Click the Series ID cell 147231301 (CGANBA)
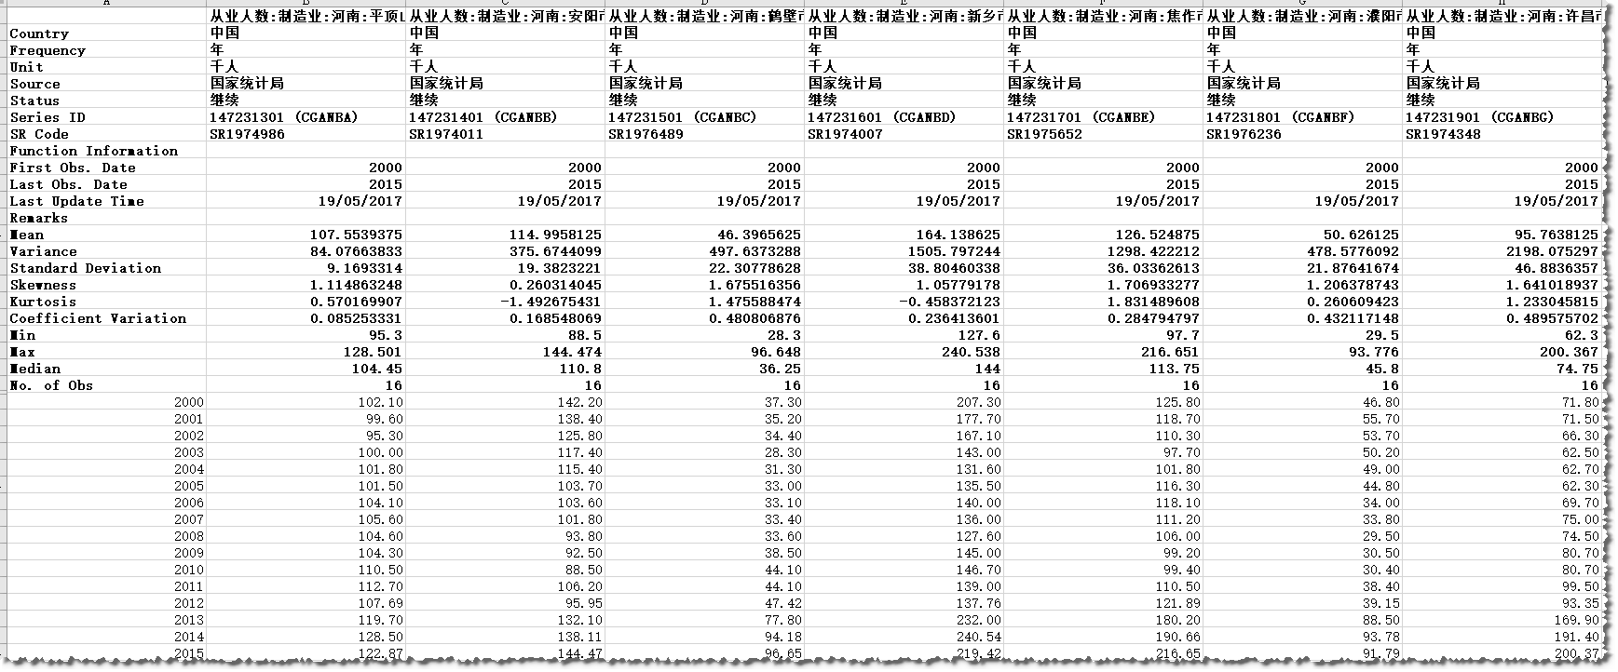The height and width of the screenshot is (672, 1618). (283, 117)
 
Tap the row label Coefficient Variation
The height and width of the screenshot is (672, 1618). (98, 318)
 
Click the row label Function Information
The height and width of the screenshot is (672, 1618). (93, 151)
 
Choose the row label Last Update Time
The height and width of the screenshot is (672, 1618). (76, 201)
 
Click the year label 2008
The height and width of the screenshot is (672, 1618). (188, 536)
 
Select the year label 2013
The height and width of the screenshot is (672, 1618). (188, 620)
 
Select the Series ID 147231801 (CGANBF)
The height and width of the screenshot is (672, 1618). (1280, 117)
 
